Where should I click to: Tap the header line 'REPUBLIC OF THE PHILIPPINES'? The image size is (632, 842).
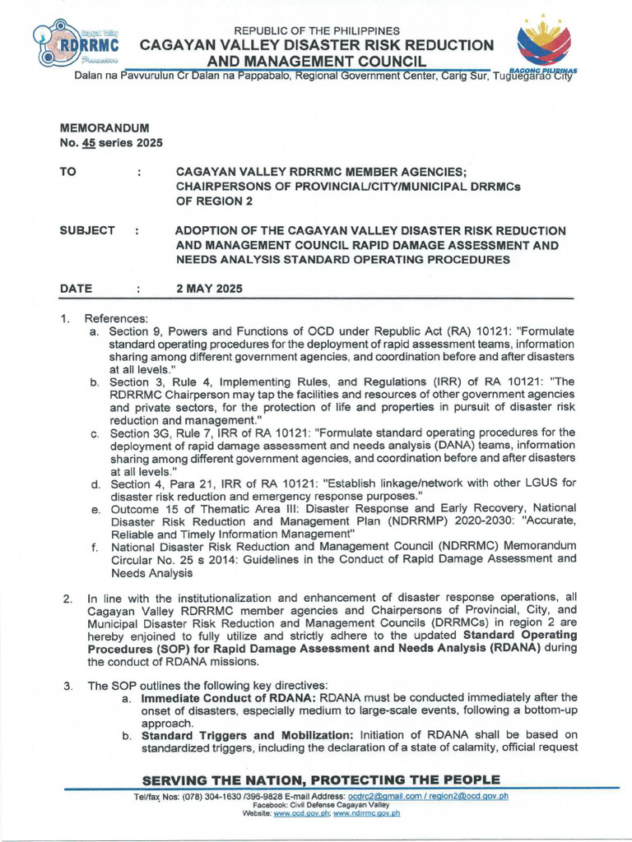pyautogui.click(x=317, y=30)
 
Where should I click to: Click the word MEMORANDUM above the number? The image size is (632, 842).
pyautogui.click(x=105, y=128)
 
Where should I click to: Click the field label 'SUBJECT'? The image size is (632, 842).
pyautogui.click(x=87, y=231)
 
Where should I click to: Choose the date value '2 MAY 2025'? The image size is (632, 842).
pyautogui.click(x=209, y=289)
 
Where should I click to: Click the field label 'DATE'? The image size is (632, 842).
pyautogui.click(x=76, y=289)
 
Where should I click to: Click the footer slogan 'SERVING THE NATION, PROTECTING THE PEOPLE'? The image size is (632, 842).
pyautogui.click(x=321, y=780)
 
